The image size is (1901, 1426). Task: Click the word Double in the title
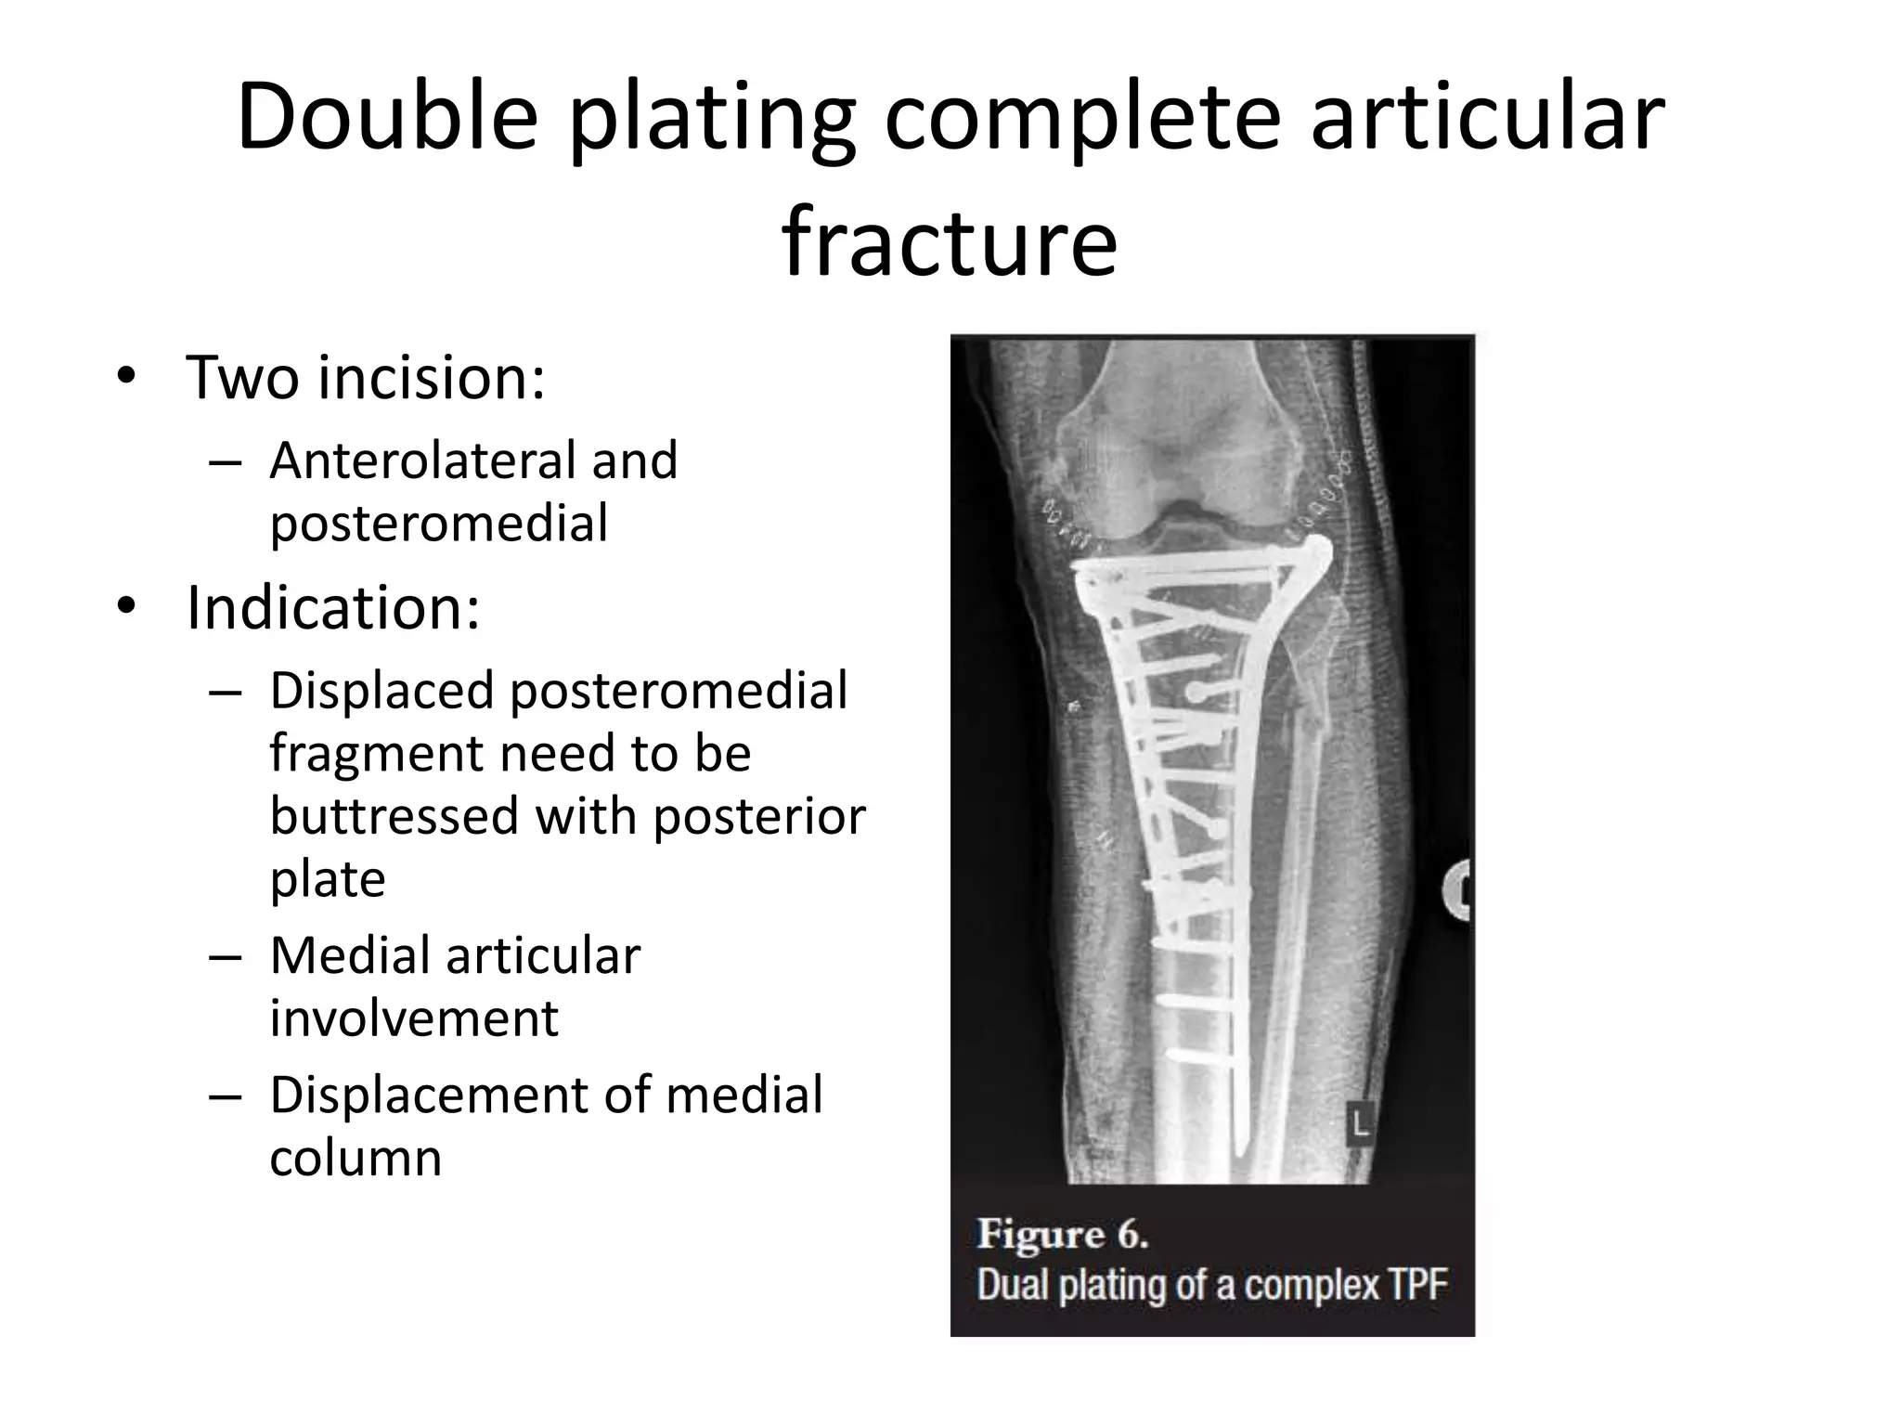coord(387,118)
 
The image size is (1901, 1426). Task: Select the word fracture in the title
coord(950,243)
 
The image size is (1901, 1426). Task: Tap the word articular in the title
coord(1488,118)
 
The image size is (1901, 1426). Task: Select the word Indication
coord(333,608)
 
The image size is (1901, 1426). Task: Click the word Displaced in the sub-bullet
coord(381,691)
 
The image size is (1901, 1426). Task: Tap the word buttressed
coord(394,816)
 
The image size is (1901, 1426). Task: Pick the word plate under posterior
coord(328,879)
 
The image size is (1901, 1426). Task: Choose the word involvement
coord(414,1018)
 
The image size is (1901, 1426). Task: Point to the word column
coord(356,1158)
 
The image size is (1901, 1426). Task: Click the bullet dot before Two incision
coord(126,378)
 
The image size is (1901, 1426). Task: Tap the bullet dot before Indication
coord(126,608)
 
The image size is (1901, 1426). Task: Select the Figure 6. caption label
coord(1063,1236)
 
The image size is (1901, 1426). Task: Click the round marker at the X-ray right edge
coord(1460,890)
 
